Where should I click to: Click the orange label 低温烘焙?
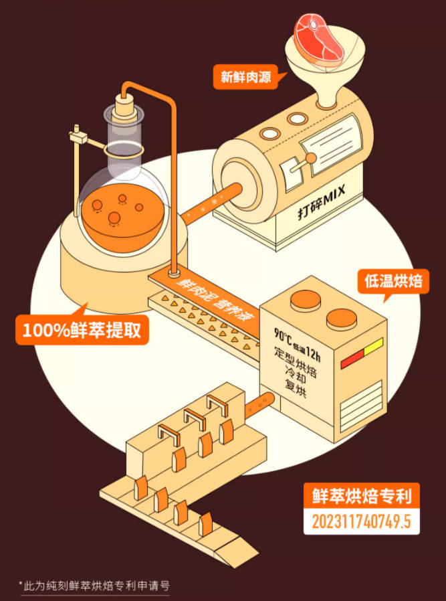(393, 281)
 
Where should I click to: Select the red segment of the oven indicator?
(350, 361)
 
